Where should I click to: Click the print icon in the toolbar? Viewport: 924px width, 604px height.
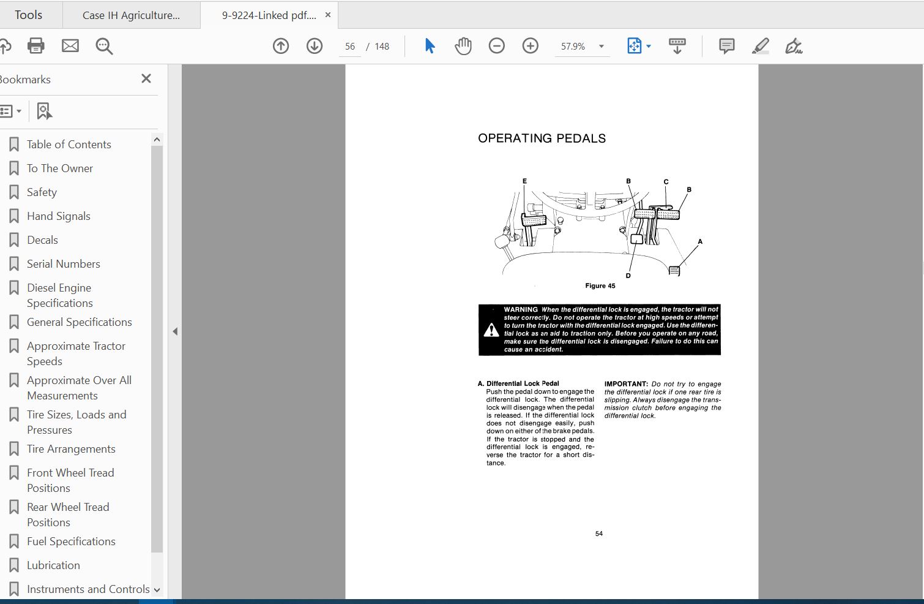[x=36, y=46]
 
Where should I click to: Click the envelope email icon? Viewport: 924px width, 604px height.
[x=70, y=46]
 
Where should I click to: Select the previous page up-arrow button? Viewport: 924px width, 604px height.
[x=281, y=46]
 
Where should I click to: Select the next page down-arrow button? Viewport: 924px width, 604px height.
[x=315, y=46]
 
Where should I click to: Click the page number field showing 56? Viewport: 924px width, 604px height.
[x=350, y=47]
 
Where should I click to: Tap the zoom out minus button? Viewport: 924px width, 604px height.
[x=497, y=46]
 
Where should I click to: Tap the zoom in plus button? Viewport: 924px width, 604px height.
[x=531, y=46]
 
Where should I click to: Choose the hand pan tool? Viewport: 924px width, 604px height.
[x=463, y=46]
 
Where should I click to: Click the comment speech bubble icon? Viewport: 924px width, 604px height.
[x=727, y=46]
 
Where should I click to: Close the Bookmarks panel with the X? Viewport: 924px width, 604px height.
[x=146, y=78]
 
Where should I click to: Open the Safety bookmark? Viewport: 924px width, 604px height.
[x=42, y=192]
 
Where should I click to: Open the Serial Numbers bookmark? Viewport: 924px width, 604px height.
[x=63, y=264]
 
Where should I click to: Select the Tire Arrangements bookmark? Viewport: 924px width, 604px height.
[x=71, y=449]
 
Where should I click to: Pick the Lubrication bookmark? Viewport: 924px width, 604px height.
[x=53, y=565]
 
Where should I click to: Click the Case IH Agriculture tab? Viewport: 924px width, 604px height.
[x=131, y=15]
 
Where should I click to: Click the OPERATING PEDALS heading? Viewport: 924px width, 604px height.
[x=542, y=138]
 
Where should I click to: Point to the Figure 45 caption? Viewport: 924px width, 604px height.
[x=600, y=286]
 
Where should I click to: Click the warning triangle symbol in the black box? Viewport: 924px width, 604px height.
[x=491, y=330]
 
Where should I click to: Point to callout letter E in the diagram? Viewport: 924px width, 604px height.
[x=524, y=181]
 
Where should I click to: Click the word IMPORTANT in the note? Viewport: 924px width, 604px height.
[x=626, y=384]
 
